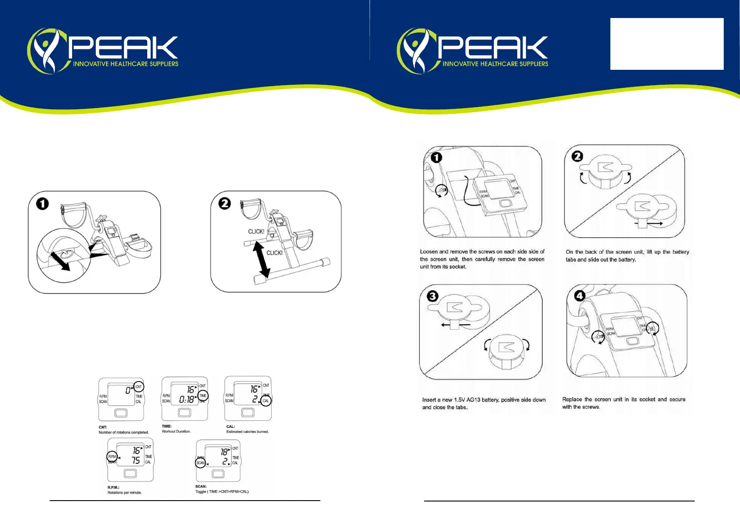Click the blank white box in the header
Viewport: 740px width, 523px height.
(x=667, y=44)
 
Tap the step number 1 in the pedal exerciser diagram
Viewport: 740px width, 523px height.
(x=43, y=204)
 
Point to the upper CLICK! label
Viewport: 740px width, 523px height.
(x=256, y=231)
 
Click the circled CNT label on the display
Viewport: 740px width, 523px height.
(x=138, y=387)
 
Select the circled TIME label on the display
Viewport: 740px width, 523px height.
(x=203, y=396)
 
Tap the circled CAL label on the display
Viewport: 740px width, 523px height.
(x=266, y=400)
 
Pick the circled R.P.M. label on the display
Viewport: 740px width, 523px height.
(x=112, y=457)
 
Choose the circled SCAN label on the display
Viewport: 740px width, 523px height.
(x=200, y=463)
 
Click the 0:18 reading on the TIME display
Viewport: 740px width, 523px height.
(x=186, y=400)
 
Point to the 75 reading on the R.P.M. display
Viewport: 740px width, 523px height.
(x=136, y=460)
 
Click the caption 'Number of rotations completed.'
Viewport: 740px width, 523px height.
(x=123, y=433)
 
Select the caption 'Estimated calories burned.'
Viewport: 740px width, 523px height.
(x=247, y=432)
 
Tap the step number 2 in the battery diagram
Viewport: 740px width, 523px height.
(x=577, y=156)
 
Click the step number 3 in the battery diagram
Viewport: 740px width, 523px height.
(x=433, y=296)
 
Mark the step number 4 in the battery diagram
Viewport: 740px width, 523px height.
(x=580, y=296)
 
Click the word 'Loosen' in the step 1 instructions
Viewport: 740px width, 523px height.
(x=428, y=252)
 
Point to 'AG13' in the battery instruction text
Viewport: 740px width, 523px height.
(x=473, y=400)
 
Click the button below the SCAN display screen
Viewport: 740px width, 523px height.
(x=218, y=474)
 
